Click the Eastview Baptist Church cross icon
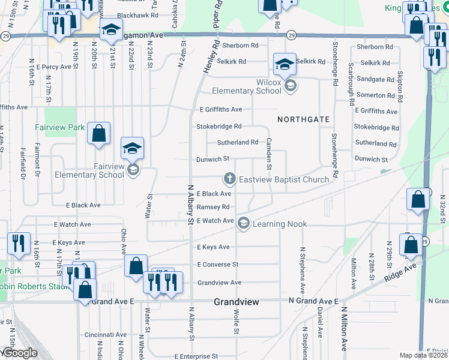[x=229, y=179]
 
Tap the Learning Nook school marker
[x=244, y=224]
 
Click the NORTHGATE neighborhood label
[x=304, y=119]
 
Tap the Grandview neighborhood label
[x=237, y=302]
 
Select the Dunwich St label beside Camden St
[x=213, y=159]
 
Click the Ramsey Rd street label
[x=213, y=206]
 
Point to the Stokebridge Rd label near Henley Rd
[x=219, y=127]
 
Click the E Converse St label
[x=217, y=264]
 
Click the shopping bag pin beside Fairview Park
[x=98, y=134]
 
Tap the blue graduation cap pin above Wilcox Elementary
[x=285, y=64]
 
